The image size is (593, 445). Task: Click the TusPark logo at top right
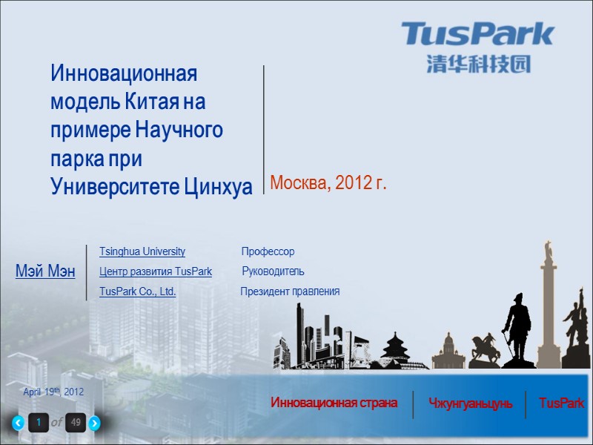coord(478,35)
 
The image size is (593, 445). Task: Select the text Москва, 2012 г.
coord(328,182)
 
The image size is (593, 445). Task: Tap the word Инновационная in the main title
coord(124,74)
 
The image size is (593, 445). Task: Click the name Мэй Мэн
coord(45,271)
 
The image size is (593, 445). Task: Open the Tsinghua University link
coord(142,252)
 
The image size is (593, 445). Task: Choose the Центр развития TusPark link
coord(156,271)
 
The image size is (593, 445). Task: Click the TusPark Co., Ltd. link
coord(138,291)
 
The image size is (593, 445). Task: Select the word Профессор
coord(268,252)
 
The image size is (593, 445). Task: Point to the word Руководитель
coord(273,271)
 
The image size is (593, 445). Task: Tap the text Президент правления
coord(290,291)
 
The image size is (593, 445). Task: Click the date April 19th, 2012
coord(53,392)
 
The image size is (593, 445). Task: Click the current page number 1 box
coord(38,423)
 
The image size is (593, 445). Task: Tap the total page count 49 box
coord(76,423)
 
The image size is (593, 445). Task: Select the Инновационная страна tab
coord(334,403)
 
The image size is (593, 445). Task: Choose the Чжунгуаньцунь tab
coord(470,403)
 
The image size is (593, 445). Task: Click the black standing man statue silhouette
coord(517,326)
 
